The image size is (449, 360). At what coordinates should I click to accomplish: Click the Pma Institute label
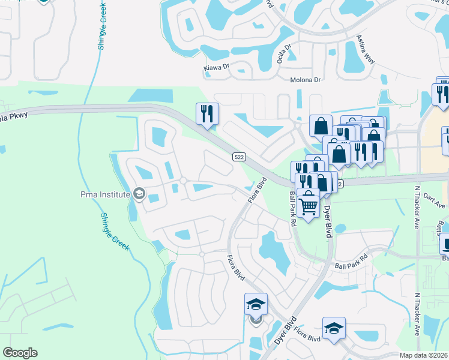tap(104, 193)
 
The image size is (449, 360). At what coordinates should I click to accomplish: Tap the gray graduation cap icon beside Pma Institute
tap(139, 193)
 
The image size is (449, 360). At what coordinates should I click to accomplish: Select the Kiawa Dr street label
tap(217, 68)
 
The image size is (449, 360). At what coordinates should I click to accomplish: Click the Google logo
tap(20, 353)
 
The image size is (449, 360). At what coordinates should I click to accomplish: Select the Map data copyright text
tap(424, 355)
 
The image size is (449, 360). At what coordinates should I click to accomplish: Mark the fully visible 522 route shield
tap(238, 157)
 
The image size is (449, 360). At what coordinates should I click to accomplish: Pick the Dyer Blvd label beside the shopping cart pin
tap(328, 220)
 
